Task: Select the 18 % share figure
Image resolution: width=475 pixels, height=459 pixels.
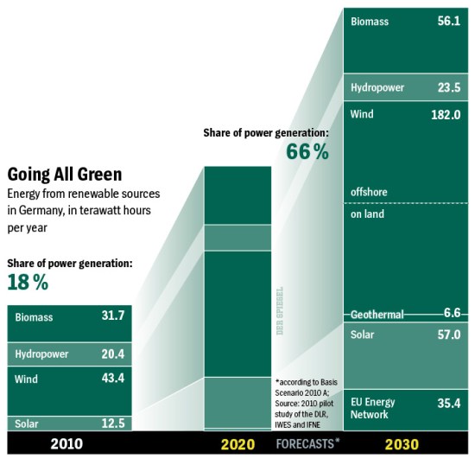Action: (28, 282)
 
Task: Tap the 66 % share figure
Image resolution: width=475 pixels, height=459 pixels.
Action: (307, 152)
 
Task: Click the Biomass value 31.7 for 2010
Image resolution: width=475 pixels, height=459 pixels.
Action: (112, 316)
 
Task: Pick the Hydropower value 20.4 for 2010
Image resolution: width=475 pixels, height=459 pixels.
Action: (112, 354)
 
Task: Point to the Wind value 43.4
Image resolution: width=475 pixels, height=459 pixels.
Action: (112, 379)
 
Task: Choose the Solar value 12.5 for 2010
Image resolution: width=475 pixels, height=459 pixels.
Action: (112, 423)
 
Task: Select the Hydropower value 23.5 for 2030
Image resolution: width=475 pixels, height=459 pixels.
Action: (447, 87)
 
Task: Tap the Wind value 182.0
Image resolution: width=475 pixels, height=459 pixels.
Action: (445, 114)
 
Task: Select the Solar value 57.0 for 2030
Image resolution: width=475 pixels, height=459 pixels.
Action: (447, 335)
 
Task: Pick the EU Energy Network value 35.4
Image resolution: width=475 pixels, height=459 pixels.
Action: (447, 402)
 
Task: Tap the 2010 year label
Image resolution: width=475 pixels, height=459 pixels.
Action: (66, 444)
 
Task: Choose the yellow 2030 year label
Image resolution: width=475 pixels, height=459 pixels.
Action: (404, 444)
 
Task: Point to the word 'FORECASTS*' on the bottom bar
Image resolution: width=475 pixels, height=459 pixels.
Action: (308, 444)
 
